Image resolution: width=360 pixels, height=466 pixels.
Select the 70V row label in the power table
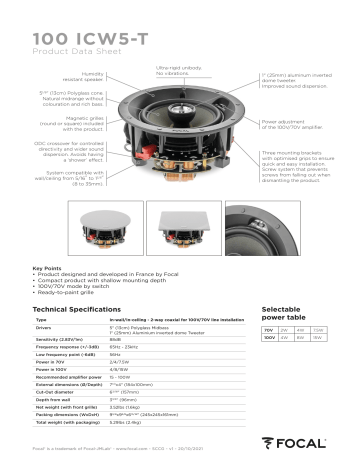tap(268, 329)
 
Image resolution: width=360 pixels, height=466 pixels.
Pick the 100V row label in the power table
tap(269, 338)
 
